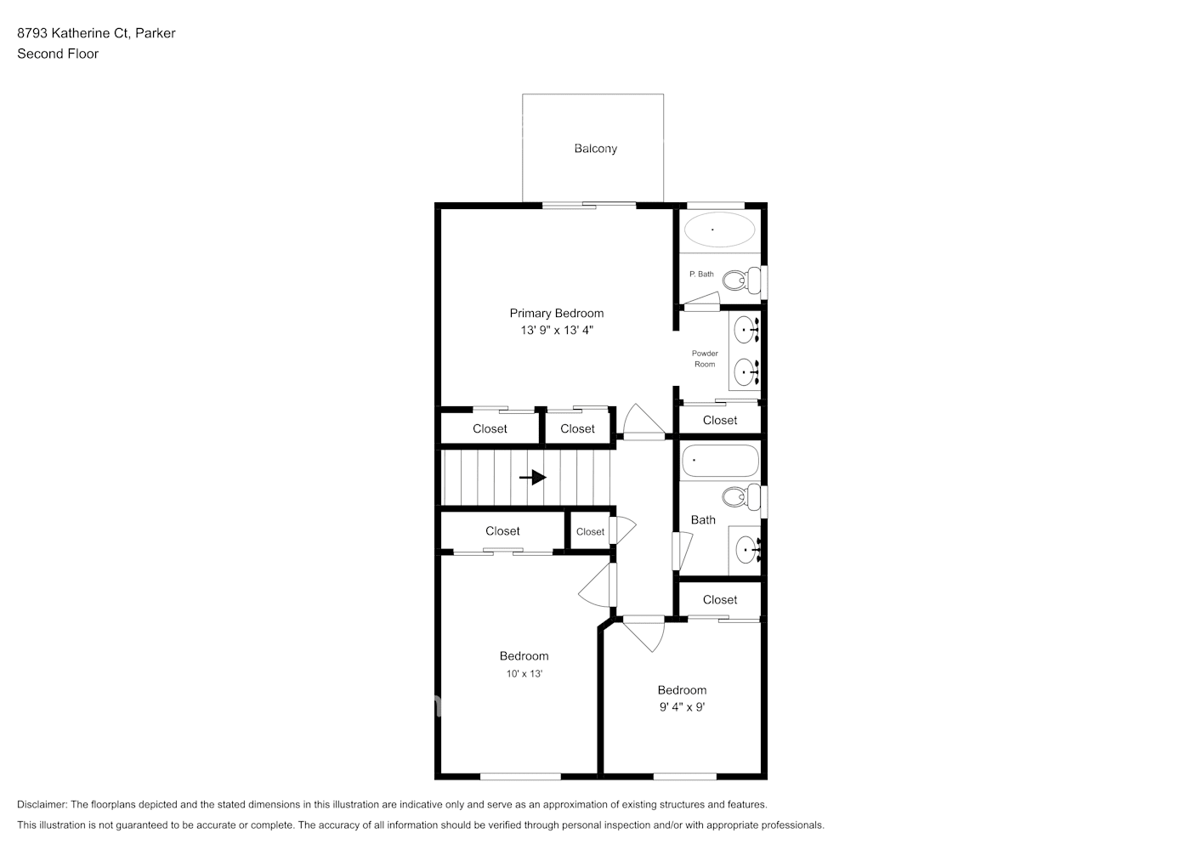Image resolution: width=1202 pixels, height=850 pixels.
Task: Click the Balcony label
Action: [595, 149]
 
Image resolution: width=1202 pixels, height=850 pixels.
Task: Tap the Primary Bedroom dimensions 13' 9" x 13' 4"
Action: [557, 330]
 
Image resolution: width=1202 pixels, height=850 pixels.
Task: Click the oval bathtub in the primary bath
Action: [719, 229]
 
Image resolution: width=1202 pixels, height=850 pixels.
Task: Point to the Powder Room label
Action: [704, 359]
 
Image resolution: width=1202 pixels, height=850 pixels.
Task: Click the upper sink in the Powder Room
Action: [746, 328]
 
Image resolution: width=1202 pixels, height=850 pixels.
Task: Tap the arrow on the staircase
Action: [533, 478]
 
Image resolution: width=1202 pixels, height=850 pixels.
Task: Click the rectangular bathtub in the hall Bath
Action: [720, 461]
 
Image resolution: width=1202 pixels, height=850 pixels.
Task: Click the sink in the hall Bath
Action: [746, 550]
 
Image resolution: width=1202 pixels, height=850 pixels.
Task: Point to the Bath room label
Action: [703, 520]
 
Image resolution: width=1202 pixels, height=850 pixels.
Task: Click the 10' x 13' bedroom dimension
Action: [524, 673]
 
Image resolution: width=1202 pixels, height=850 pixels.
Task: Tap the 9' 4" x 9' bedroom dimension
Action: [682, 706]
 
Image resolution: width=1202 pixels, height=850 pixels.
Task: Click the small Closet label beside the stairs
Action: [590, 532]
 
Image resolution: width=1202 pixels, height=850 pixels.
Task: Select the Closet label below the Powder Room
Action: [720, 421]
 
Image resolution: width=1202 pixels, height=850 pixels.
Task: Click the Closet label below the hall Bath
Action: [720, 600]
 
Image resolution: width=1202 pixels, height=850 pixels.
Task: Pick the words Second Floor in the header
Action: [58, 54]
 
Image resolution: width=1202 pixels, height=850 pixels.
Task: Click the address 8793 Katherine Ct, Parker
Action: [96, 33]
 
